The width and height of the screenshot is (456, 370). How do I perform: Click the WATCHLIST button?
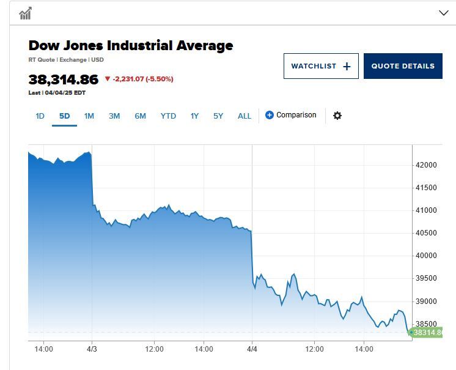coord(321,66)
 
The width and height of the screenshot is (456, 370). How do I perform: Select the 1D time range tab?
coord(40,116)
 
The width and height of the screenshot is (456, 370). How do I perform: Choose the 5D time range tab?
coord(64,116)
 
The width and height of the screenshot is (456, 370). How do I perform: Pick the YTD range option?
coord(168,116)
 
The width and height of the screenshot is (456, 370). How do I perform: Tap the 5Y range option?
coord(218,116)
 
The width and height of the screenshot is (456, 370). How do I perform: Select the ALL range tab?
coord(245,116)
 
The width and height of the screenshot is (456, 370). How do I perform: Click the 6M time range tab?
coord(140,116)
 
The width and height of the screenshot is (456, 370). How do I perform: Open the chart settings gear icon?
coord(337,116)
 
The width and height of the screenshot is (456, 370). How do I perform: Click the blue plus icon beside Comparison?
coord(270,115)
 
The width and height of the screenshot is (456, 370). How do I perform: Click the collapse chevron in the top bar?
coord(444,13)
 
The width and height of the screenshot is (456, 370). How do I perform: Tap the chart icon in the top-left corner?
coord(26,13)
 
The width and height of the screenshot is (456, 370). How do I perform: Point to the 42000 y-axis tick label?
coord(426,165)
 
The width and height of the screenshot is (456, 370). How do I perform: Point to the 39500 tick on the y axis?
coord(426,278)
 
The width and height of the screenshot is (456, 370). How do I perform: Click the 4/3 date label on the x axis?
coord(92,349)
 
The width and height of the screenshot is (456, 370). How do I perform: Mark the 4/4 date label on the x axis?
coord(252,349)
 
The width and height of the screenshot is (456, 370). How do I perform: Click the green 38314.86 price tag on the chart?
coord(426,333)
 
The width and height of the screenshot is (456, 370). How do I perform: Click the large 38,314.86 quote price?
coord(64,80)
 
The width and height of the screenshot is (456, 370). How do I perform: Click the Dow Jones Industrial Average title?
coord(131,45)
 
